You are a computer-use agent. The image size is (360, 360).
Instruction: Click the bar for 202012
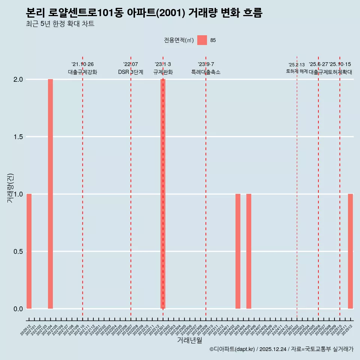pos(29,251)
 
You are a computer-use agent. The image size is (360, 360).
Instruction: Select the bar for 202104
pos(50,194)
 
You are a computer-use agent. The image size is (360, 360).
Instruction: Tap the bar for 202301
pos(163,194)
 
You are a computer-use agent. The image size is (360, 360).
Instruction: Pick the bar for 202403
pos(238,251)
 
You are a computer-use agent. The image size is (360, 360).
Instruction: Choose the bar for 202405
pos(249,251)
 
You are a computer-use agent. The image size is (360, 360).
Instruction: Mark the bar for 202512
pos(350,251)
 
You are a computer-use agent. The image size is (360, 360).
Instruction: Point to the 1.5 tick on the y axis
pos(18,137)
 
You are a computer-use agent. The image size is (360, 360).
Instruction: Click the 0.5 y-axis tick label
pos(18,252)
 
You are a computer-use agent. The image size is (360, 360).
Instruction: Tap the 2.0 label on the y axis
pos(18,79)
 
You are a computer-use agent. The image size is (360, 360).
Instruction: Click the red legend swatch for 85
pos(202,40)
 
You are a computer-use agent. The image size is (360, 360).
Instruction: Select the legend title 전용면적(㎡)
pos(179,40)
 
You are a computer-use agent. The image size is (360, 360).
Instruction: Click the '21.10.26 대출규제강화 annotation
pos(82,68)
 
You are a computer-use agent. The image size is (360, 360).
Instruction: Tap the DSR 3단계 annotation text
pos(130,72)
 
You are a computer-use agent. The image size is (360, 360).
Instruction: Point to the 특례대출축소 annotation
pos(206,72)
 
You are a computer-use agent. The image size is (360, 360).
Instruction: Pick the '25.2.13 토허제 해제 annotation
pos(297,68)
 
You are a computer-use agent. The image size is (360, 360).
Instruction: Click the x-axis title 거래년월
pos(189,340)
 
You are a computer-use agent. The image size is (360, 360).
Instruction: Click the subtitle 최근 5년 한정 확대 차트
pos(60,24)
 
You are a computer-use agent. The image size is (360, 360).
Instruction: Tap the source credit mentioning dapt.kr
pos(281,349)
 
